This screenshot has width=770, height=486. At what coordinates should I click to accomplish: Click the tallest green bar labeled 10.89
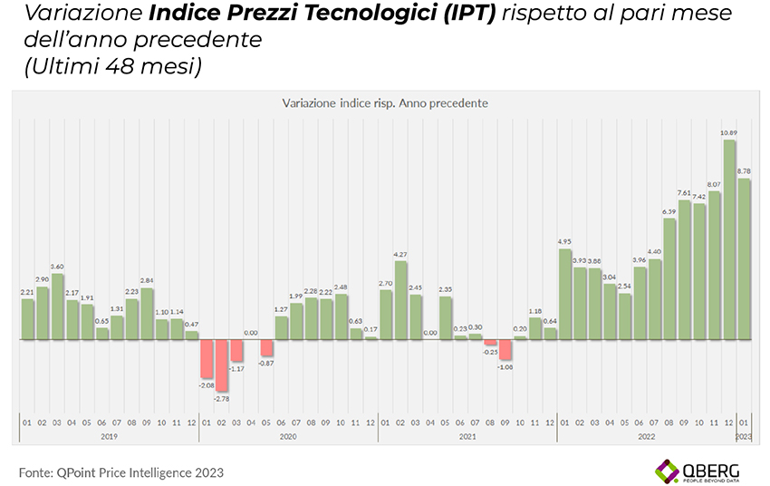tap(728, 240)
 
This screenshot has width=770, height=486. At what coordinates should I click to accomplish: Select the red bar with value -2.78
tap(221, 365)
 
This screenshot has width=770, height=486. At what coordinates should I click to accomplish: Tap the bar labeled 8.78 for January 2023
tap(744, 259)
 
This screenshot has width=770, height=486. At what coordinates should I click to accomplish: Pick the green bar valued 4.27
tap(400, 301)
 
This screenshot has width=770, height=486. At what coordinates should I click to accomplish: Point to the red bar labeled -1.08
tap(505, 350)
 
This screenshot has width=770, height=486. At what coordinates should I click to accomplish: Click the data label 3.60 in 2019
tap(57, 267)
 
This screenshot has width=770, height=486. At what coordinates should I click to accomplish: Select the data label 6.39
tap(669, 212)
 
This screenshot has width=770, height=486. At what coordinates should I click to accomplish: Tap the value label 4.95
tap(565, 241)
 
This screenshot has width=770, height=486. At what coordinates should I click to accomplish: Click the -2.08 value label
tap(206, 384)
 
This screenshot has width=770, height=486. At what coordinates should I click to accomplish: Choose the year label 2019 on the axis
tap(109, 437)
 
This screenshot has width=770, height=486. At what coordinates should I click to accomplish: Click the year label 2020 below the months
tap(288, 437)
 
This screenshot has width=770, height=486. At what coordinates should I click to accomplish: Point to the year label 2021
tap(467, 437)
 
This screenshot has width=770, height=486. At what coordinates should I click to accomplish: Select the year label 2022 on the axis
tap(647, 437)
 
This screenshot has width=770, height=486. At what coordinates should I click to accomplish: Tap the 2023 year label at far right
tap(744, 437)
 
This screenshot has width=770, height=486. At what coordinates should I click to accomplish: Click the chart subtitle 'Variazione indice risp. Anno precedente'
tap(385, 103)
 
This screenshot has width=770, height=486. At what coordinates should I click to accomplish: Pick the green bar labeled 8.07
tap(714, 266)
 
